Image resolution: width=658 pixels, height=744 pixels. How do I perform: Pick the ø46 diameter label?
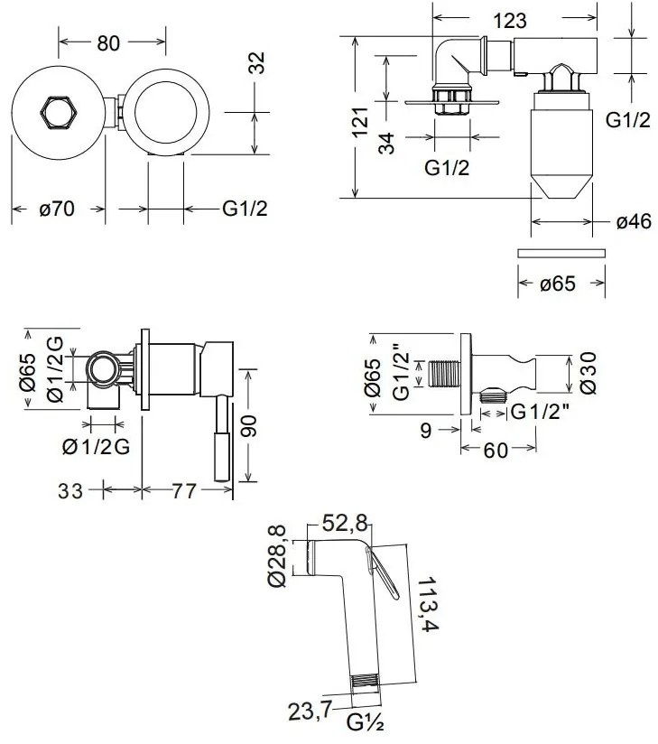tap(634, 221)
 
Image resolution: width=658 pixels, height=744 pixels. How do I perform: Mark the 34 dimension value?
tap(386, 142)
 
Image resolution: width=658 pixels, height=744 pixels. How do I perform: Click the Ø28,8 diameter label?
tap(278, 557)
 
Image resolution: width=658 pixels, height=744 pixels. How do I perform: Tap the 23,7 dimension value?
tap(311, 710)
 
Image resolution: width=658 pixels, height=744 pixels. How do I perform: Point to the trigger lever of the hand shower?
tap(384, 575)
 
